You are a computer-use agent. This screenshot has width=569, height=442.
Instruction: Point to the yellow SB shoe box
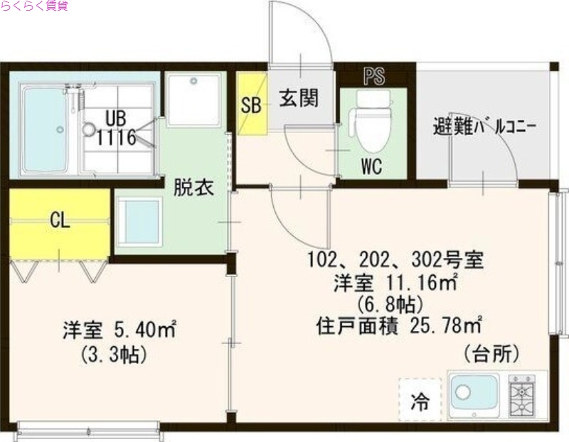(x=251, y=104)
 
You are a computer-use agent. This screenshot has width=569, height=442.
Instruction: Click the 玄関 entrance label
(x=298, y=98)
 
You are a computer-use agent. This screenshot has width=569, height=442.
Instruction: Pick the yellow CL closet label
(x=60, y=220)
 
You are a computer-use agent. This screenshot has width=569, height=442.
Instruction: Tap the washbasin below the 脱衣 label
(x=139, y=222)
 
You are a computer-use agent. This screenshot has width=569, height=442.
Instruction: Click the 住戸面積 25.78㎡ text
(x=398, y=325)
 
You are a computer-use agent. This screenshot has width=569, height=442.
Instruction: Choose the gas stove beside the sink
(x=522, y=393)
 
